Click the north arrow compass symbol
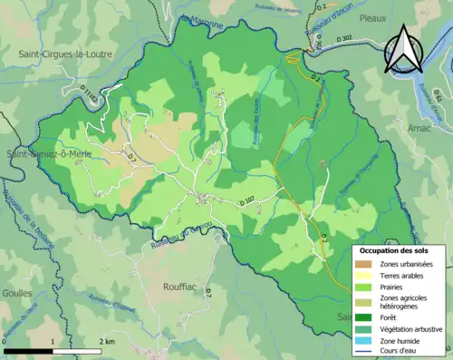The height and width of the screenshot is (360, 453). point(402,50)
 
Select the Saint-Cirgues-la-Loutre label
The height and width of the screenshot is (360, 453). point(65,54)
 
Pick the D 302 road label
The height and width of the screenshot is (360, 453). point(344,40)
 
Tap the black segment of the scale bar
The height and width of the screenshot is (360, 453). point(27,351)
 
